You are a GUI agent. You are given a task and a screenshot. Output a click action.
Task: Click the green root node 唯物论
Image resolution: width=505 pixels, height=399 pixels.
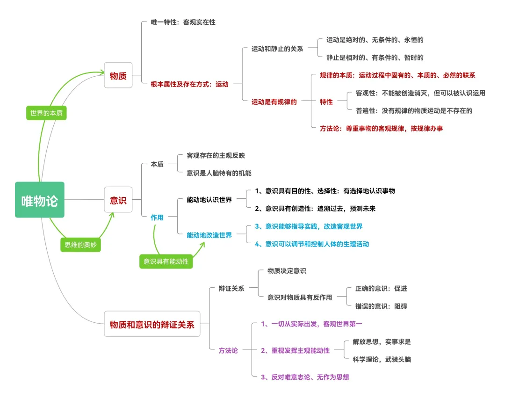tap(39, 200)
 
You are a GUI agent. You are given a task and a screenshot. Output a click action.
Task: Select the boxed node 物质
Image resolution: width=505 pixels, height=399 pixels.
tap(118, 75)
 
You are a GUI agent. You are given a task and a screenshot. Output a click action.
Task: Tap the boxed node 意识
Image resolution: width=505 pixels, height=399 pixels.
tap(118, 200)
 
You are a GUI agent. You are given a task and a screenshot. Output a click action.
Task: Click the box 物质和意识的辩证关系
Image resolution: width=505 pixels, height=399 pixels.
tap(151, 324)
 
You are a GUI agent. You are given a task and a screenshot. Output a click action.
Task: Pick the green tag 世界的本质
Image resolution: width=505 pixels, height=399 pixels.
tap(46, 113)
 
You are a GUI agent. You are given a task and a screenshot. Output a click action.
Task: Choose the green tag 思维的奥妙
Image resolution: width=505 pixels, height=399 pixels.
tap(80, 245)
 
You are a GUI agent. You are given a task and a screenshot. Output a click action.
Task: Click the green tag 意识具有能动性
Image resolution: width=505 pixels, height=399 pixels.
tap(166, 261)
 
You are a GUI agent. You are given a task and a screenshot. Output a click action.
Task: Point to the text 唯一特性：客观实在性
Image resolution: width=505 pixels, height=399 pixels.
tap(183, 22)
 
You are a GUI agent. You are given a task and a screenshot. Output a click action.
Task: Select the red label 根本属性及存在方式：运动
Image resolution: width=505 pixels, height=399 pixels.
tap(189, 84)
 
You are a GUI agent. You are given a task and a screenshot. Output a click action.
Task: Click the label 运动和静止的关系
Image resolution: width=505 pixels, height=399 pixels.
tap(277, 49)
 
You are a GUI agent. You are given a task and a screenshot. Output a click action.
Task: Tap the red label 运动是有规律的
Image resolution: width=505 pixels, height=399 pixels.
tap(274, 102)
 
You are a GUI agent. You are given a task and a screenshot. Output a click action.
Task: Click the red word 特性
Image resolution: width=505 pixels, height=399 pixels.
tap(326, 102)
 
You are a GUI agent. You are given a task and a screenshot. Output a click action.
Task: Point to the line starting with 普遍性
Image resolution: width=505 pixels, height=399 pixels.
tap(414, 111)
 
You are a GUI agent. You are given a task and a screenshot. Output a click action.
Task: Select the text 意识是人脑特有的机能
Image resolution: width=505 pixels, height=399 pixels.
tap(219, 173)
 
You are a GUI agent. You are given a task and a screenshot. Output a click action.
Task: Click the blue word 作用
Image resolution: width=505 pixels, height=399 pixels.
tap(157, 218)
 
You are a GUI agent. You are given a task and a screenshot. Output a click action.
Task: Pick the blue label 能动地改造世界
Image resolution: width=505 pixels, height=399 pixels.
tap(209, 235)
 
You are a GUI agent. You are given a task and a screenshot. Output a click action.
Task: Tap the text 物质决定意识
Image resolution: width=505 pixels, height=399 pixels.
tap(287, 271)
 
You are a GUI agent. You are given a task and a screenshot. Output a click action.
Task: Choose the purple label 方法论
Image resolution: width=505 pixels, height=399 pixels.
tap(228, 350)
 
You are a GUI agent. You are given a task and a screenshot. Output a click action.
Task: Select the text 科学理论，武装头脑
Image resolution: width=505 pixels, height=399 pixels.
tap(382, 359)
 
